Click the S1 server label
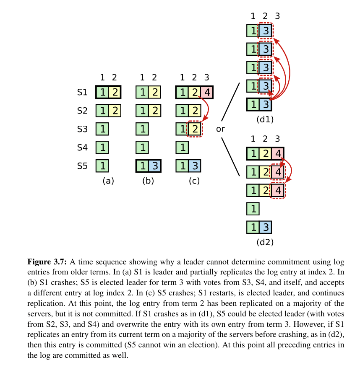point(82,93)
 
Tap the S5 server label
point(82,166)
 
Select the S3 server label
point(82,129)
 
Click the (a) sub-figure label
point(108,181)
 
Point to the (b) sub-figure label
point(148,181)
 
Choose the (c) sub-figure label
point(194,181)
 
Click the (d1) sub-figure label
point(265,119)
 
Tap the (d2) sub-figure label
point(265,242)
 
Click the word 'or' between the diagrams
point(220,129)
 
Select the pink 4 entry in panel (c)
point(206,93)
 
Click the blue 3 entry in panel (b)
point(155,166)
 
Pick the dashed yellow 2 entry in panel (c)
point(194,129)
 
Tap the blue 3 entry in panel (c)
point(194,166)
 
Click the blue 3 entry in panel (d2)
point(265,227)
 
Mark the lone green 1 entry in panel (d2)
point(253,209)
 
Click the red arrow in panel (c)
point(204,108)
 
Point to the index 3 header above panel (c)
point(206,78)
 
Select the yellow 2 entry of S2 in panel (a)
point(115,111)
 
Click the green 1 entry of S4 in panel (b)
point(142,147)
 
